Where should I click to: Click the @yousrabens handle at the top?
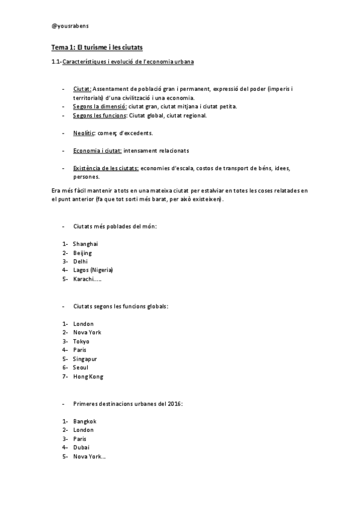pos(70,26)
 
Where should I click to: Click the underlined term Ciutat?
pos(82,88)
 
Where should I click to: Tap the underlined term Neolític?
pos(84,132)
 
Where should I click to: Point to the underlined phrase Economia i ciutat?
pos(97,150)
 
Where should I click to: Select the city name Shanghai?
pos(85,244)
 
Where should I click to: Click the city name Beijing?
pos(82,253)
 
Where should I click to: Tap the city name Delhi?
pos(81,262)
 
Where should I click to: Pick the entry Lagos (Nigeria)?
pos(93,270)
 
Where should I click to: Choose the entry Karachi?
pos(86,279)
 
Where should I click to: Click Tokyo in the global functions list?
pos(81,341)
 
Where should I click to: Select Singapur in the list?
pos(85,358)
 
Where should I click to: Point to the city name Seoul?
pos(81,367)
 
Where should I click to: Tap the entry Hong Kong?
pos(88,376)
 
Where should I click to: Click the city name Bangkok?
pos(85,421)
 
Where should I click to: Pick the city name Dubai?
pos(81,447)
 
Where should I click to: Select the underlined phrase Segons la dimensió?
pos(100,106)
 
